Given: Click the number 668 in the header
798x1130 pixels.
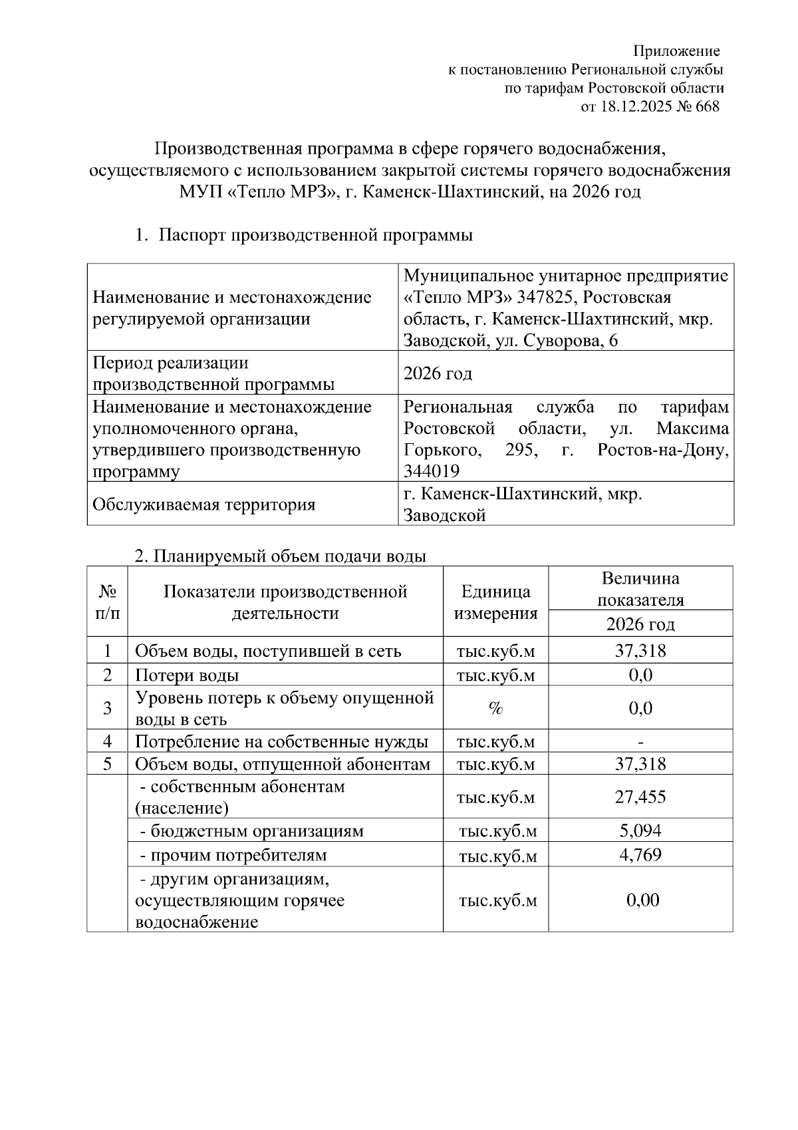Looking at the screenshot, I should pos(708,106).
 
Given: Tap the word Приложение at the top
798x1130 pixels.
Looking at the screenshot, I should pos(676,51).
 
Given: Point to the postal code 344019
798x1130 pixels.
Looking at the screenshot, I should pos(431,472).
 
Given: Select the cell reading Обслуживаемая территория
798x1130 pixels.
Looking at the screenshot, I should pos(203,504).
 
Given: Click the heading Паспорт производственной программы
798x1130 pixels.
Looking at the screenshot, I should pos(315,235).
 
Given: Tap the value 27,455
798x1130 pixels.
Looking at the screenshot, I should pos(640,797).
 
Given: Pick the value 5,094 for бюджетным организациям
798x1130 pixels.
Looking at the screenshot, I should pos(640,831).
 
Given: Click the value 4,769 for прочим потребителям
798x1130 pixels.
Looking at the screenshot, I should pos(640,854).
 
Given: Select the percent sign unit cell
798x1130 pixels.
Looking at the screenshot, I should pos(495,708).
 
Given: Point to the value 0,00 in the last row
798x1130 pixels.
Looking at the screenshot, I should pos(642,900).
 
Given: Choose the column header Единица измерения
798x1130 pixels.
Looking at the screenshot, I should pos(495,602).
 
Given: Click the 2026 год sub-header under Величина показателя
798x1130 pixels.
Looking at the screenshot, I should pos(640,624).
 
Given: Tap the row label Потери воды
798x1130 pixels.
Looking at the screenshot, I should pos(187,675).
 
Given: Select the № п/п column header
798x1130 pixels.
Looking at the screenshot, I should pos(108,602).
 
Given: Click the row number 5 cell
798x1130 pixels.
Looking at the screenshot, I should pos(108,764).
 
